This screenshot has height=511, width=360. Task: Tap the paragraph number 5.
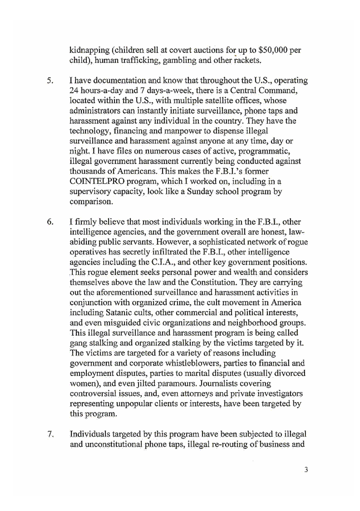(x=50, y=80)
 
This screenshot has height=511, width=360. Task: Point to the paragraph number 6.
(x=50, y=222)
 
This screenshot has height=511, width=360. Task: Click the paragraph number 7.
(x=50, y=434)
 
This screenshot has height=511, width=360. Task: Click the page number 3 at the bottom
(x=306, y=470)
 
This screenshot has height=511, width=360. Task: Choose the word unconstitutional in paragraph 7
(x=114, y=444)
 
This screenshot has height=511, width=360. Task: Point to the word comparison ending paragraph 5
(x=91, y=202)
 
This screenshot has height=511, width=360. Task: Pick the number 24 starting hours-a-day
(x=74, y=90)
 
